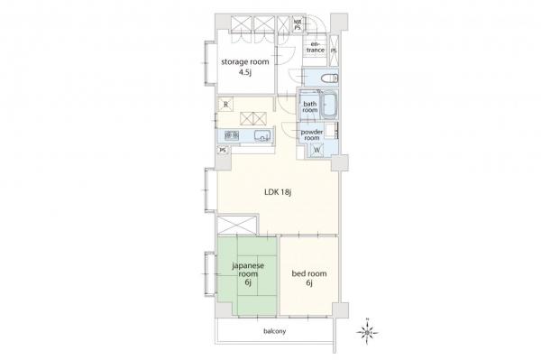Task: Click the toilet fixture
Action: pyautogui.click(x=330, y=78)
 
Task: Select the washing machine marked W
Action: pyautogui.click(x=316, y=150)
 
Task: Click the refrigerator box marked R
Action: pyautogui.click(x=226, y=104)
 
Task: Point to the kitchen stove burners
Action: pyautogui.click(x=232, y=135)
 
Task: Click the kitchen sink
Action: pyautogui.click(x=263, y=136)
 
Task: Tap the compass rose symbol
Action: pyautogui.click(x=368, y=332)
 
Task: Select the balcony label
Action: pyautogui.click(x=275, y=331)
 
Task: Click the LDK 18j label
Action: pyautogui.click(x=278, y=192)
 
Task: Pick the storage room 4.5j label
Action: pyautogui.click(x=245, y=67)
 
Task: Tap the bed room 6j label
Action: pyautogui.click(x=309, y=278)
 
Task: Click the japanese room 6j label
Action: pyautogui.click(x=248, y=274)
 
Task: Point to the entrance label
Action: pyautogui.click(x=316, y=47)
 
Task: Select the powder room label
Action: pyautogui.click(x=312, y=135)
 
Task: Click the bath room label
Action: pyautogui.click(x=310, y=107)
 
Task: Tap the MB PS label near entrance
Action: pyautogui.click(x=297, y=25)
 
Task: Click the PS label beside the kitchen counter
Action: pyautogui.click(x=224, y=151)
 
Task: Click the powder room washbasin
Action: pyautogui.click(x=331, y=131)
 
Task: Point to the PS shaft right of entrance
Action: pyautogui.click(x=334, y=51)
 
